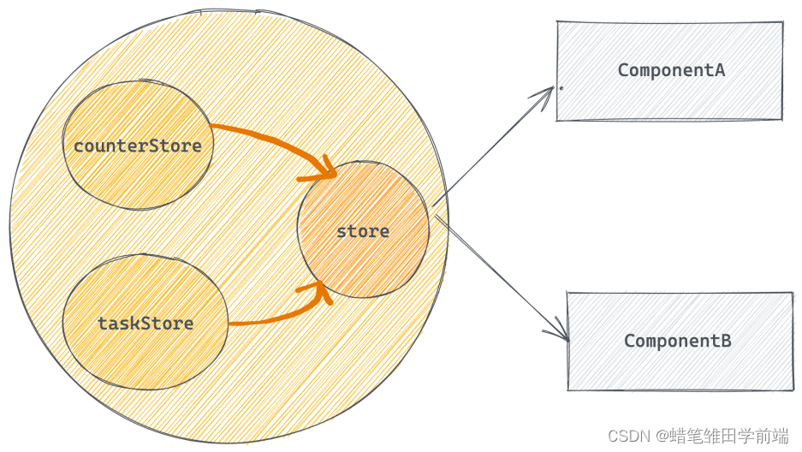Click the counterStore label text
[x=138, y=146]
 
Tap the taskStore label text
[x=146, y=324]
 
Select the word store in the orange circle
[x=363, y=231]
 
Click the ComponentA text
[x=671, y=70]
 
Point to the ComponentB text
[x=677, y=341]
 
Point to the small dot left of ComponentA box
[x=561, y=87]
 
